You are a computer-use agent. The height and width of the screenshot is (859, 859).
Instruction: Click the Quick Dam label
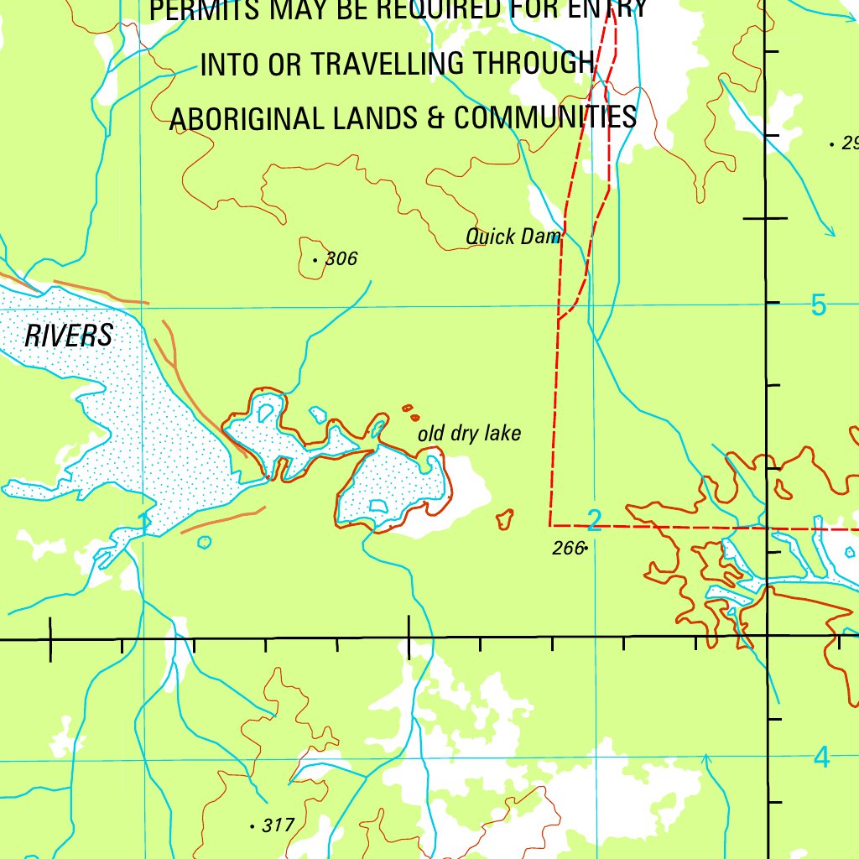coord(513,237)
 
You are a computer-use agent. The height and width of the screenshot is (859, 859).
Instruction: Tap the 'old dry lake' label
coord(469,433)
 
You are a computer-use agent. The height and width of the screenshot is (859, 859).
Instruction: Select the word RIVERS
coord(68,336)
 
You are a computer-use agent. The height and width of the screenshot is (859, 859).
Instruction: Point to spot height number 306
coord(341,258)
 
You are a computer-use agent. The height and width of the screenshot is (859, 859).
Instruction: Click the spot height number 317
coord(278,825)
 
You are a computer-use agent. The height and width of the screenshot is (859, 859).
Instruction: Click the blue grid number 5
coord(819,306)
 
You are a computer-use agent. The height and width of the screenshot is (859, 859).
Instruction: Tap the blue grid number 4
coord(821,757)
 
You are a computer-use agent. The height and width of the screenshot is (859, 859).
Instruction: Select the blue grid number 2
coord(595,521)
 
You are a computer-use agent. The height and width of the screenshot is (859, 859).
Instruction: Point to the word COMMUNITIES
coord(545,117)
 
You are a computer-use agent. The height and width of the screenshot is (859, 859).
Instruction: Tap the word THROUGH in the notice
coord(534,63)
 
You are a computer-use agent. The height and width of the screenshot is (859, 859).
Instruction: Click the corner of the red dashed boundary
coord(549,526)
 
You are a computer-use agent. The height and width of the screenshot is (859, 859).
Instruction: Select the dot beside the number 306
coord(315,260)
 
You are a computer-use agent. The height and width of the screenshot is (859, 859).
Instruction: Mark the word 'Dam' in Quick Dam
coord(540,237)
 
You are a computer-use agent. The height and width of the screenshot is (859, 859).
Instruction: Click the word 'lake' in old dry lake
coord(502,433)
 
